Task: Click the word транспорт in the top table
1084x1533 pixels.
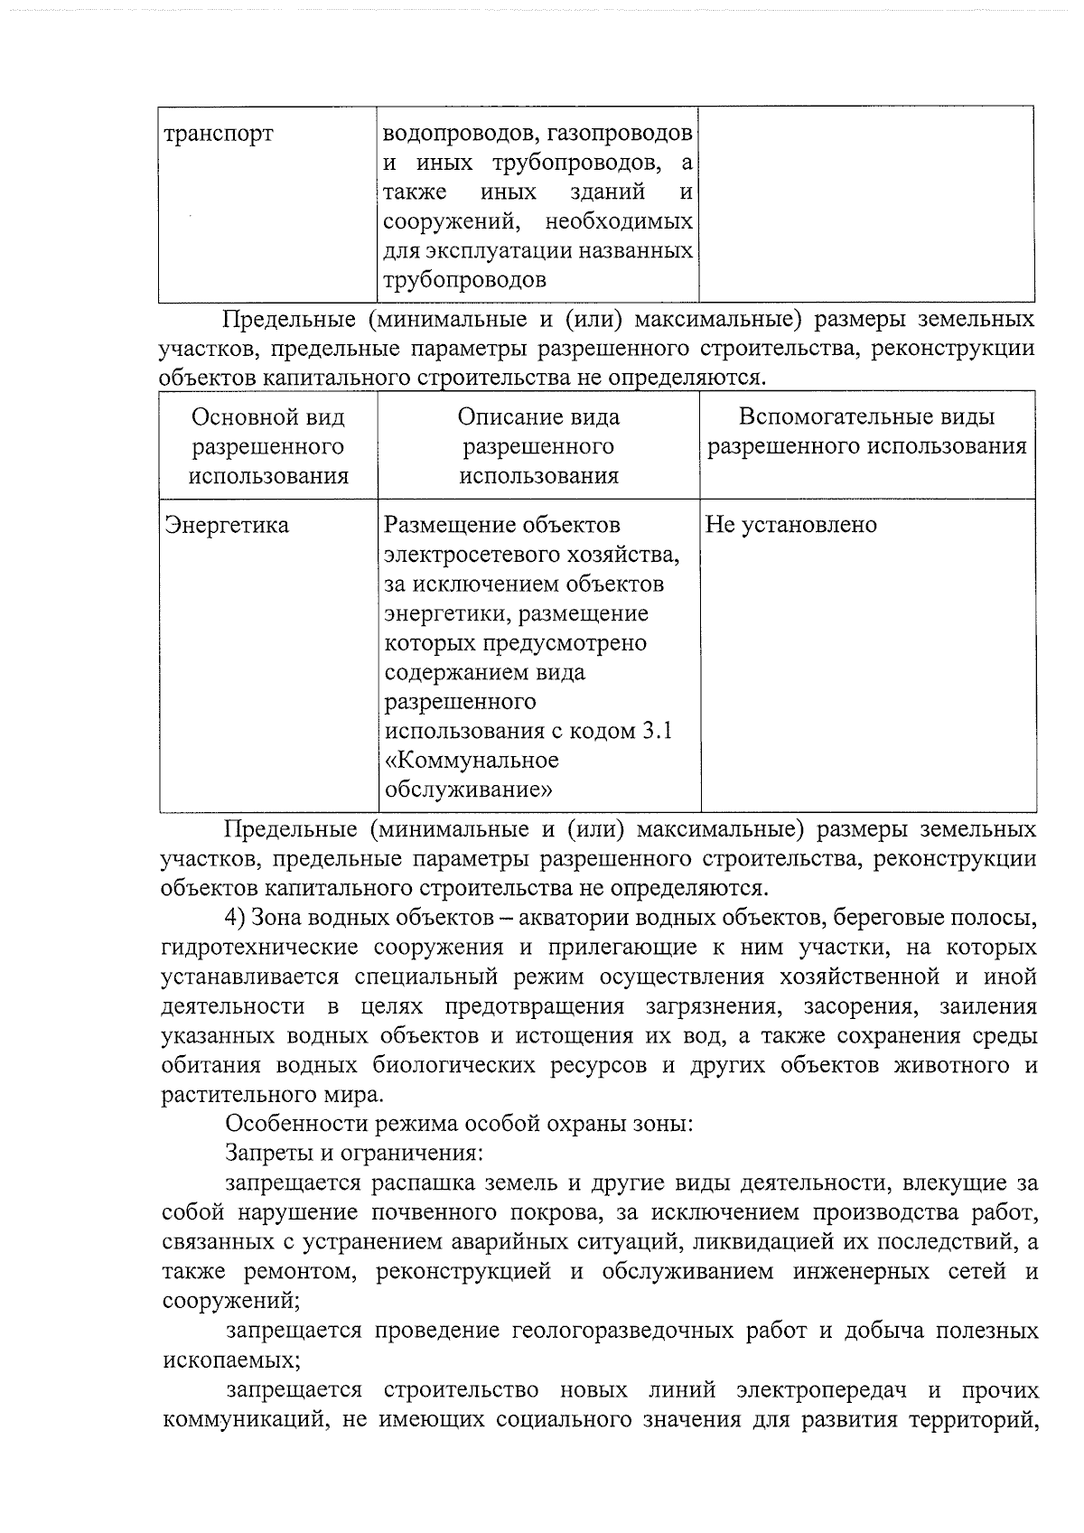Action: coord(218,135)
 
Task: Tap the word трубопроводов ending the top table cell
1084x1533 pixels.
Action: coord(465,280)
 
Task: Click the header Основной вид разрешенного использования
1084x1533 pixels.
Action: coord(268,446)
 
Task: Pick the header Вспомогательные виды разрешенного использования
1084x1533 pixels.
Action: coord(866,432)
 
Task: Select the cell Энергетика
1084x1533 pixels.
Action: coord(226,526)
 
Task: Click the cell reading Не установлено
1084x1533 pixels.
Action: coord(790,526)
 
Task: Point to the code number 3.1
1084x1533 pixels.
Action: coord(656,732)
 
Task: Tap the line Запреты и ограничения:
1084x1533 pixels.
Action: coord(353,1154)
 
